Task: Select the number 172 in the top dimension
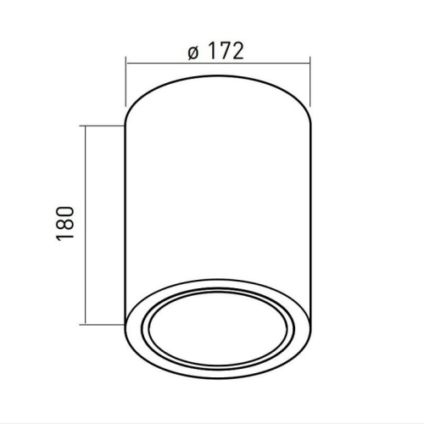226,51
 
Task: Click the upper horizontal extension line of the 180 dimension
102,126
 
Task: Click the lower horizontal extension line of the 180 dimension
102,323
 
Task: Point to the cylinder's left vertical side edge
126,220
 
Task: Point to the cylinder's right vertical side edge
310,220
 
